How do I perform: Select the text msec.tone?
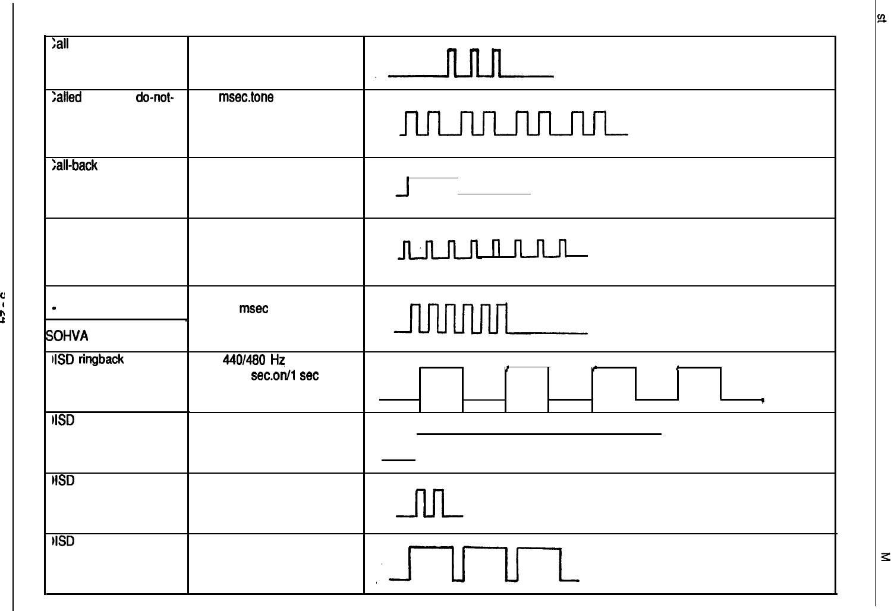point(246,97)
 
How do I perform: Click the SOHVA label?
point(67,336)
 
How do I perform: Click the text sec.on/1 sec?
point(285,376)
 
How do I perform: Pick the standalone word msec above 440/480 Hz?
point(253,308)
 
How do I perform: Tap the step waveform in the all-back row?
point(464,187)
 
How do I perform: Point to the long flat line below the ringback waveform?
point(539,434)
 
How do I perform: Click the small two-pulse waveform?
point(432,503)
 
